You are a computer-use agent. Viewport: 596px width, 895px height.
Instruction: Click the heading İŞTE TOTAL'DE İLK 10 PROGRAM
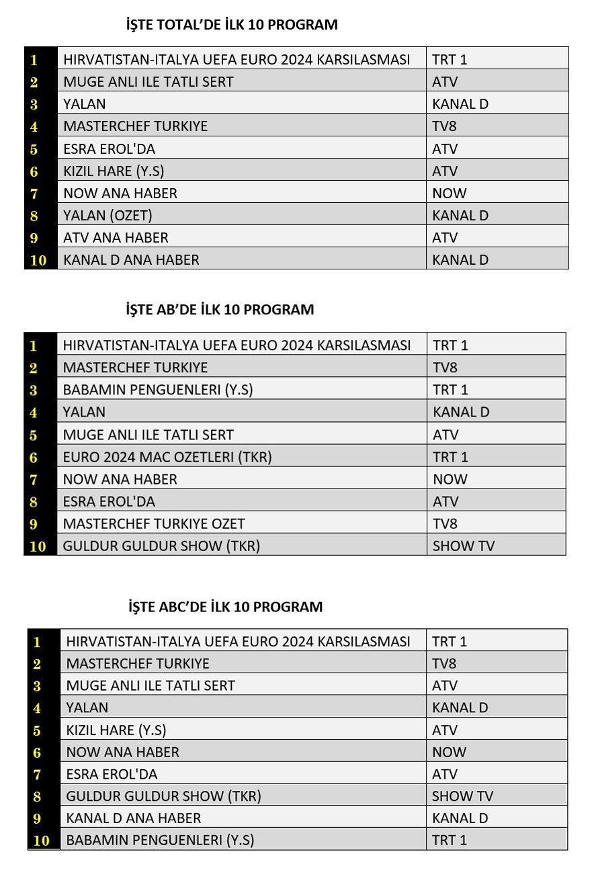pyautogui.click(x=232, y=26)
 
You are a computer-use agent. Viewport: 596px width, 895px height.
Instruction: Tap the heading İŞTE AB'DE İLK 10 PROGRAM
pyautogui.click(x=220, y=310)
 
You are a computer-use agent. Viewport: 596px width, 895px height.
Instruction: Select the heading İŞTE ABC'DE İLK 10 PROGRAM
pyautogui.click(x=225, y=607)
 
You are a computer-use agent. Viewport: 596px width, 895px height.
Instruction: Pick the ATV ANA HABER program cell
pyautogui.click(x=116, y=238)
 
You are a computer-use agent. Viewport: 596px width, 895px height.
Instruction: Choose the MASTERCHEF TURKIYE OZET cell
pyautogui.click(x=154, y=523)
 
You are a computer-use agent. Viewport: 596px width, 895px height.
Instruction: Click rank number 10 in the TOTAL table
pyautogui.click(x=39, y=260)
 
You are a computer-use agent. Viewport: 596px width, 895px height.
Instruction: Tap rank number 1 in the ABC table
pyautogui.click(x=37, y=642)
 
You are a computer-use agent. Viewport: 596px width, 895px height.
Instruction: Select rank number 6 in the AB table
pyautogui.click(x=34, y=458)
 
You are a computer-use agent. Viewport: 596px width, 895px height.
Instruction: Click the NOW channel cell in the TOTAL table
pyautogui.click(x=450, y=194)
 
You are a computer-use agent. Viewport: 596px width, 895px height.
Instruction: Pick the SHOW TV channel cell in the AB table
pyautogui.click(x=463, y=546)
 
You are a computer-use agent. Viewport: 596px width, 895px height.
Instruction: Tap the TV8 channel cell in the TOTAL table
pyautogui.click(x=445, y=126)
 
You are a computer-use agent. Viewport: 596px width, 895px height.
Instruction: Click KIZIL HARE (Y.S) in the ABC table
pyautogui.click(x=116, y=730)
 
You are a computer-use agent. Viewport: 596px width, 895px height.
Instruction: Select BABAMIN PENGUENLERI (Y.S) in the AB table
pyautogui.click(x=158, y=390)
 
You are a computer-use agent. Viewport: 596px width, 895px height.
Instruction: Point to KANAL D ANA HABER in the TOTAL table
pyautogui.click(x=131, y=260)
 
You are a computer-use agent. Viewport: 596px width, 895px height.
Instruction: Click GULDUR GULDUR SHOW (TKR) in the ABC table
pyautogui.click(x=163, y=796)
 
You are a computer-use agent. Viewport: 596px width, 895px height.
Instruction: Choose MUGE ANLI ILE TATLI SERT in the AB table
pyautogui.click(x=148, y=435)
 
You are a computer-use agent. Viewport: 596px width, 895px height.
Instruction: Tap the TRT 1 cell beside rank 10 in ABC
pyautogui.click(x=450, y=840)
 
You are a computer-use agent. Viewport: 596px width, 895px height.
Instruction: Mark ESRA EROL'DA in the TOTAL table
pyautogui.click(x=109, y=148)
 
